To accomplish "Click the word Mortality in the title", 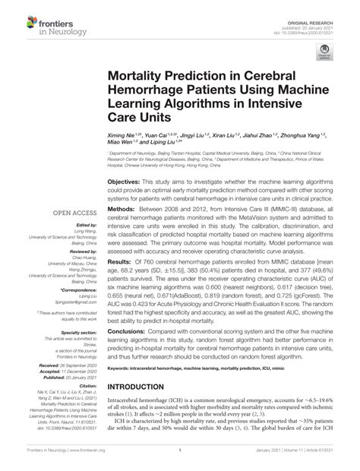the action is coord(141,77).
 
